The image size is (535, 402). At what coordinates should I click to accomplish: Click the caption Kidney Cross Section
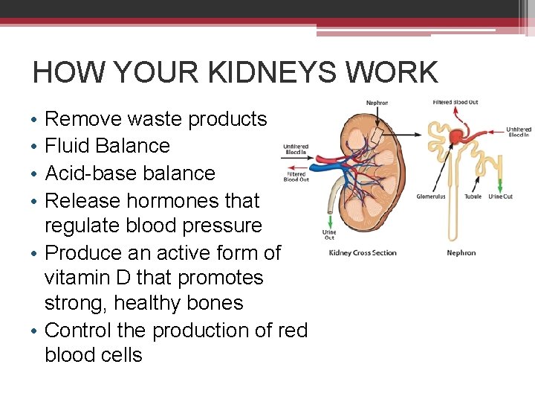click(x=363, y=253)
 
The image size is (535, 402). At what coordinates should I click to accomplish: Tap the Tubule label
click(x=474, y=197)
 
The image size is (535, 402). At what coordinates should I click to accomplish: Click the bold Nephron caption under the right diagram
click(x=461, y=253)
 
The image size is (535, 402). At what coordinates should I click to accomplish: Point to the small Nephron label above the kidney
click(x=377, y=103)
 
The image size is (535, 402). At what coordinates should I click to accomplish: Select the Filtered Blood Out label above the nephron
click(x=455, y=102)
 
